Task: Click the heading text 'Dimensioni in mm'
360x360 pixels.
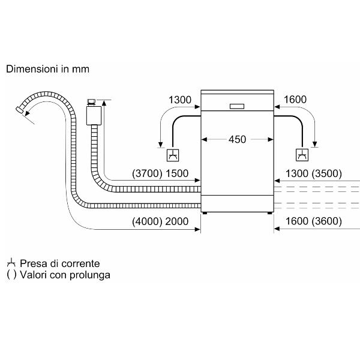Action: pos(47,69)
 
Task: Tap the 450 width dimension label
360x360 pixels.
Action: pos(238,139)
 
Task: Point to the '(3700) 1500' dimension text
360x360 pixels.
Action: pos(160,174)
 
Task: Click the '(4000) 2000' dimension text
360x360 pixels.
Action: pos(160,221)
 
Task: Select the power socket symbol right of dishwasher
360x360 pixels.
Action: pos(301,154)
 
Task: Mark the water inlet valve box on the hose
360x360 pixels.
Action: pos(92,115)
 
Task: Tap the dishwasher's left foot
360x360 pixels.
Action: pos(205,212)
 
